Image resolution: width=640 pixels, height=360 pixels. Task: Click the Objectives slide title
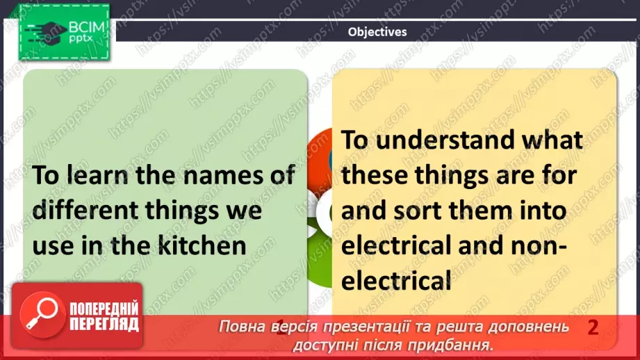(377, 31)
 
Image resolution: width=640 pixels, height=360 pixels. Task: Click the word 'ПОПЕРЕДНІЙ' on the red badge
(104, 309)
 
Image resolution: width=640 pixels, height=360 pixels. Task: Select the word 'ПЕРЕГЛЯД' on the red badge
(103, 325)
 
